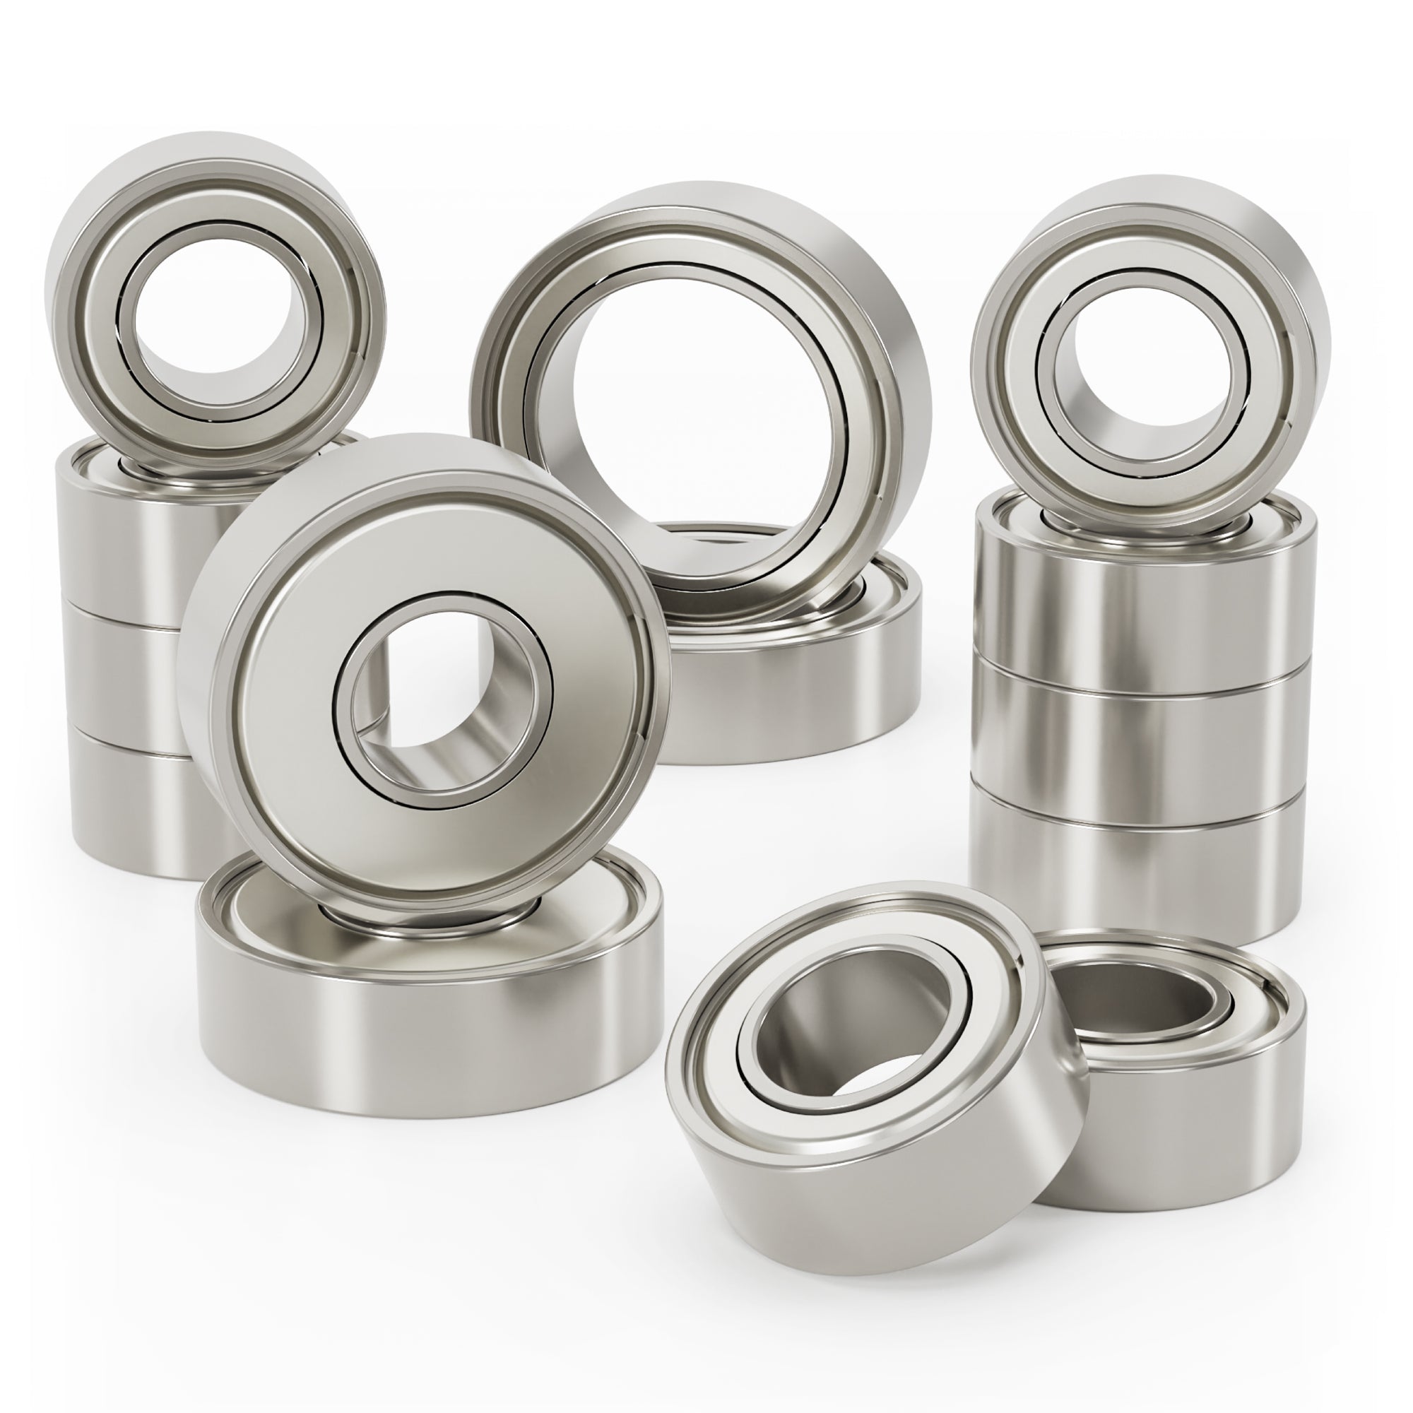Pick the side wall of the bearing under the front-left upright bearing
click(432, 1039)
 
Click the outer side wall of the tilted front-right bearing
click(892, 1200)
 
